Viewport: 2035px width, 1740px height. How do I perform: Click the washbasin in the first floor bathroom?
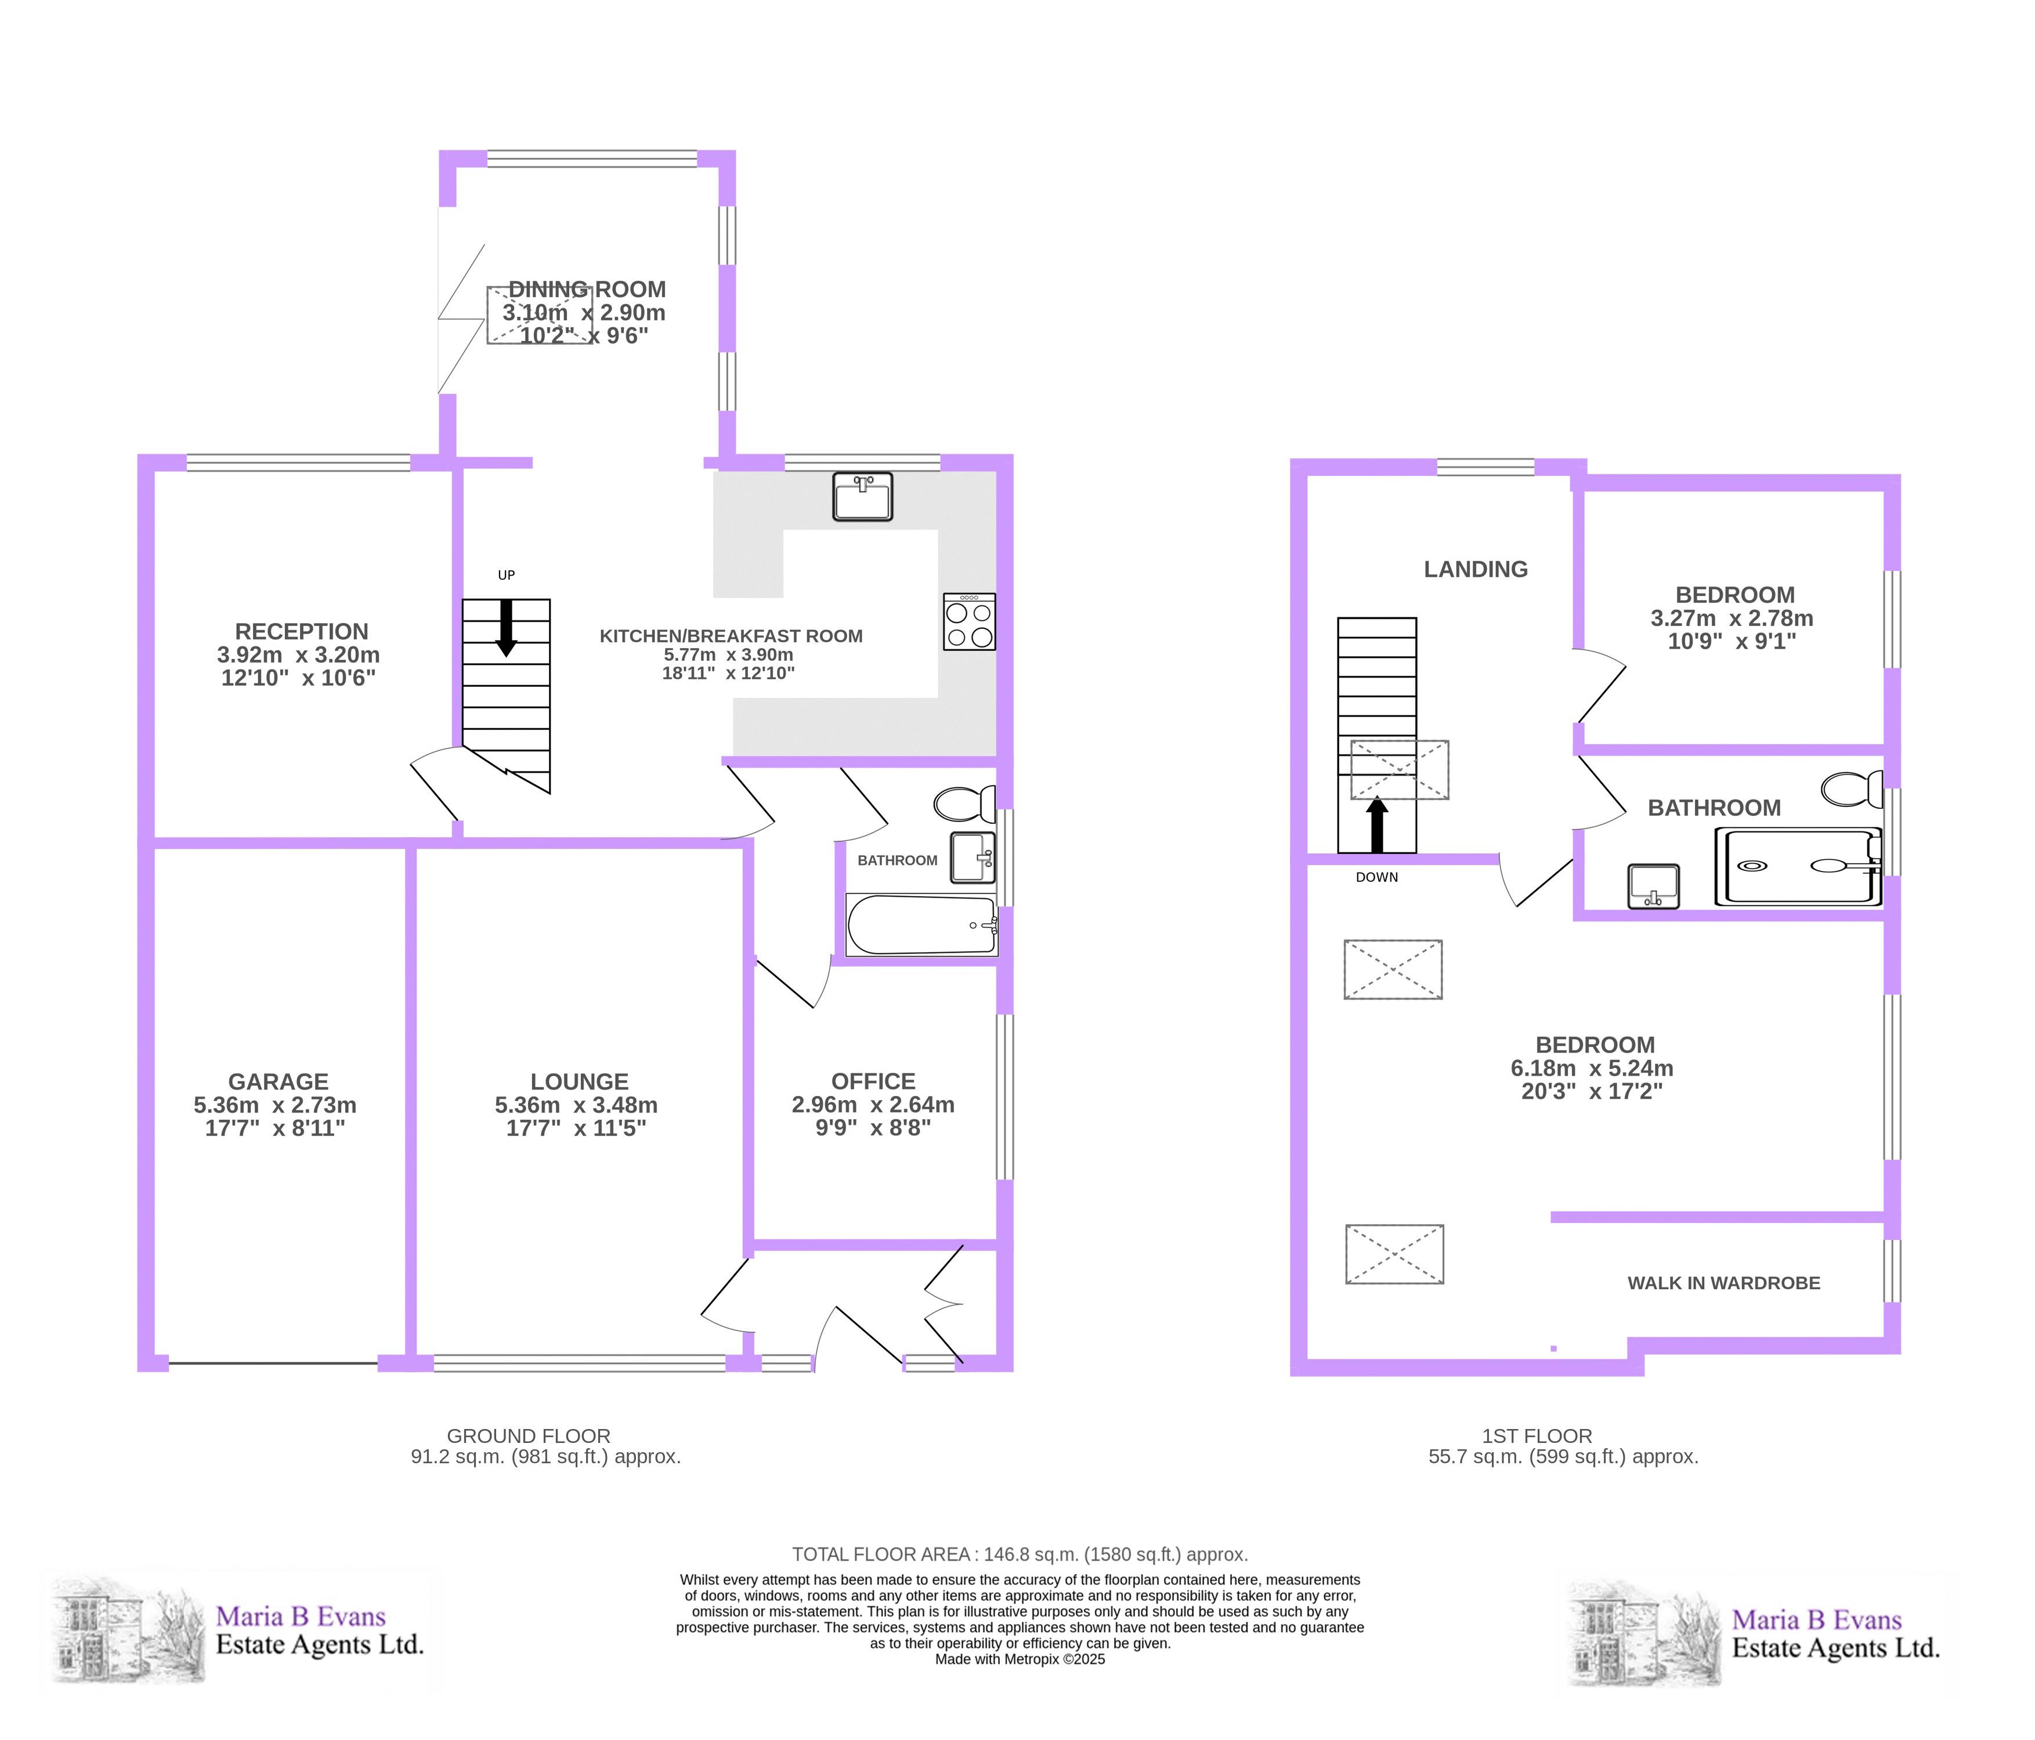coord(1653,886)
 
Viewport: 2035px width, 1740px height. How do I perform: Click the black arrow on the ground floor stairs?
coord(506,627)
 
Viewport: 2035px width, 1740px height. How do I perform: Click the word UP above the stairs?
coord(506,576)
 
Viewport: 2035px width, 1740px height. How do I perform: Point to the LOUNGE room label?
coord(580,1081)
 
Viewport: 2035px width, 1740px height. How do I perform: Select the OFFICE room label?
coord(873,1081)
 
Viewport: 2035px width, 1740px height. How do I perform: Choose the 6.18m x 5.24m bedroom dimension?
coord(1592,1068)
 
